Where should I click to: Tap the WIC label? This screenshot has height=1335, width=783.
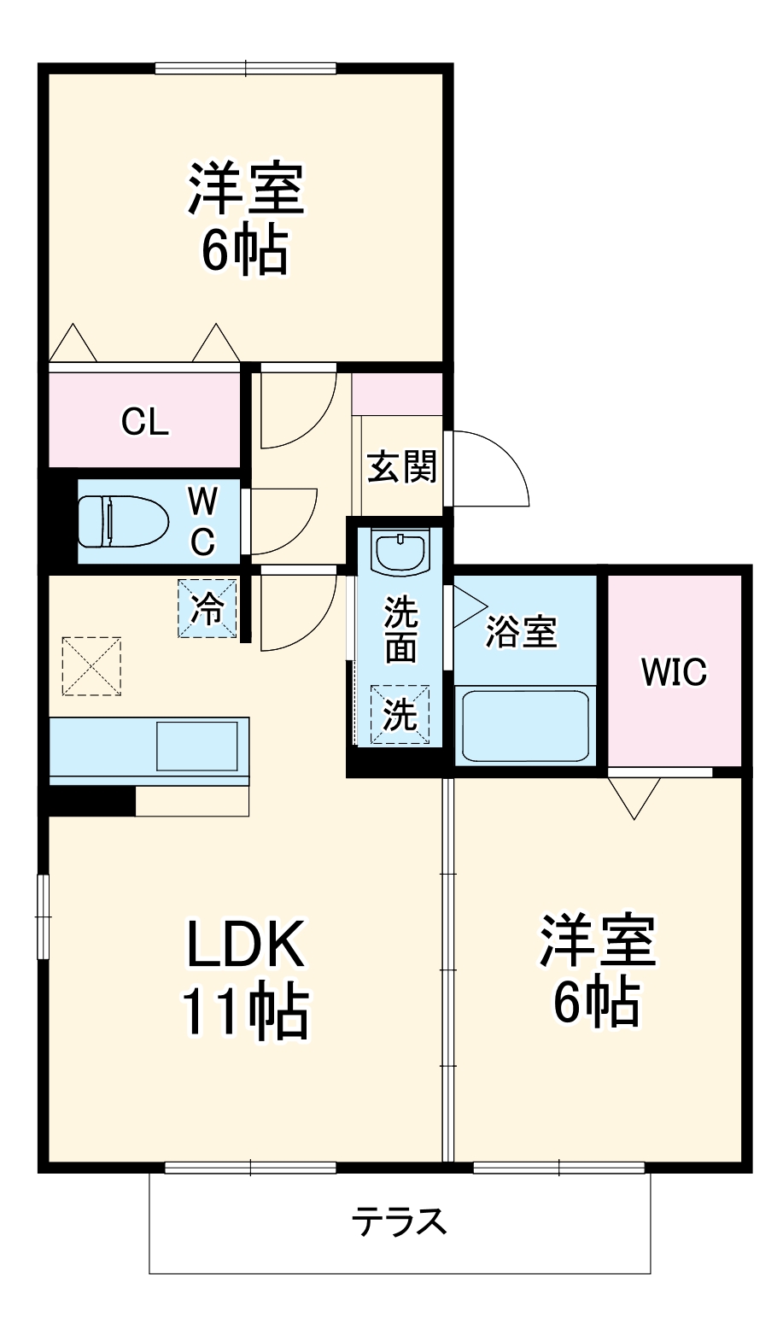click(x=674, y=672)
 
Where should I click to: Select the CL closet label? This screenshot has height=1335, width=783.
click(x=144, y=421)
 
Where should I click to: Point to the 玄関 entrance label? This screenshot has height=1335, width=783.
click(x=401, y=467)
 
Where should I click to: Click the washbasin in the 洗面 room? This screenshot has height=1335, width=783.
click(x=400, y=553)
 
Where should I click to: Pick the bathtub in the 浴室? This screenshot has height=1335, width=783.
click(x=524, y=725)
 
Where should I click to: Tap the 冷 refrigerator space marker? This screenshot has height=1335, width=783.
click(x=207, y=608)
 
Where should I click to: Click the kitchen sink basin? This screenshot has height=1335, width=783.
click(x=196, y=745)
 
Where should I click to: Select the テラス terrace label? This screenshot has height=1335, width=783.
click(x=400, y=1222)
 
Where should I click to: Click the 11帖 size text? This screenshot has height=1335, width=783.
click(x=244, y=1011)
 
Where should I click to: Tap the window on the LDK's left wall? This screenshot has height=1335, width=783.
click(x=42, y=916)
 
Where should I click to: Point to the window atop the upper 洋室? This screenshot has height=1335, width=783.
click(x=246, y=68)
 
